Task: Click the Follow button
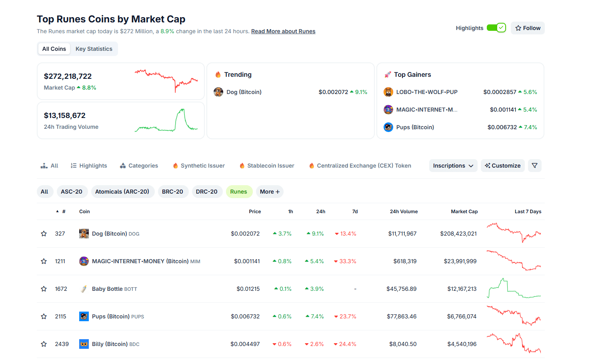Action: coord(528,28)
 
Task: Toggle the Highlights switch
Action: coord(496,28)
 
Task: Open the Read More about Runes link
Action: coord(283,31)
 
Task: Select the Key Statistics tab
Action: coord(94,49)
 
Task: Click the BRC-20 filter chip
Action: coord(172,192)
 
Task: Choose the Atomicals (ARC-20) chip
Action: coord(122,192)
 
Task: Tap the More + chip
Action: coord(270,192)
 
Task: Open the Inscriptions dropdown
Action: coord(453,166)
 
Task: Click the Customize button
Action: coord(502,166)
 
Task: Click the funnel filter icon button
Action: coord(534,166)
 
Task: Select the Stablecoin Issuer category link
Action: coord(270,166)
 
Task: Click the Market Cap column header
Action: coord(464,212)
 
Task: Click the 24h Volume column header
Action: coord(404,212)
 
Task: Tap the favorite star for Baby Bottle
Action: coord(44,289)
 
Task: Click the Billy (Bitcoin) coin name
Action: coord(110,344)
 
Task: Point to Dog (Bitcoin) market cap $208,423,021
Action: coord(458,234)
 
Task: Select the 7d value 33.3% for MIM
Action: coord(347,261)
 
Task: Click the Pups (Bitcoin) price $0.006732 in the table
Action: coord(245,316)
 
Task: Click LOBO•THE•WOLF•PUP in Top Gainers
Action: coord(426,92)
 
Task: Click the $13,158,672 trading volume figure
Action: coord(65,116)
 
